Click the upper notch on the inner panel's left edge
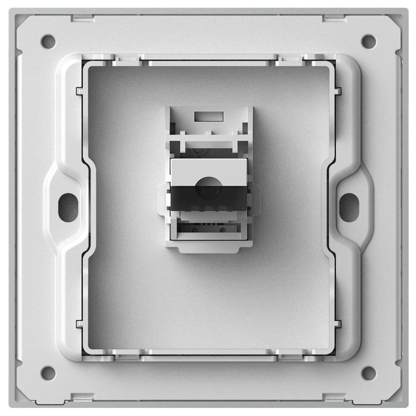79,91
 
